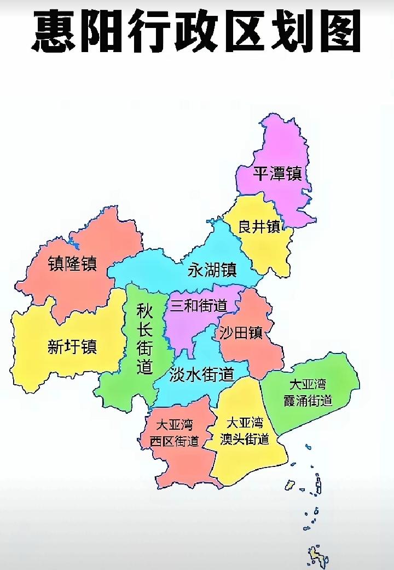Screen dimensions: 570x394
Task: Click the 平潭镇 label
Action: click(277, 174)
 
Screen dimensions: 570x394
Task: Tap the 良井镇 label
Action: click(259, 226)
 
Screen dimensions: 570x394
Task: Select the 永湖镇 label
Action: click(212, 270)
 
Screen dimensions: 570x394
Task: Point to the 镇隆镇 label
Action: click(72, 264)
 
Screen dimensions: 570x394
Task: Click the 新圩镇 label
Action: click(72, 346)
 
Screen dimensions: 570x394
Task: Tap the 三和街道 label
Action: click(198, 306)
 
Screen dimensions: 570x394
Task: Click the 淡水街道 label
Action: click(201, 375)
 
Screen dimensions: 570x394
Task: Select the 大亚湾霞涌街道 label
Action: click(308, 392)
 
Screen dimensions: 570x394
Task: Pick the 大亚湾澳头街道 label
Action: click(245, 431)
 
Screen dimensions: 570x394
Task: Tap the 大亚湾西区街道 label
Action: click(177, 432)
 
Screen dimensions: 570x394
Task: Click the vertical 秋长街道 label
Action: click(144, 340)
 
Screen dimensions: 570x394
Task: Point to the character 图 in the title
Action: click(338, 31)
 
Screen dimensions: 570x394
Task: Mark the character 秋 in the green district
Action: click(144, 313)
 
